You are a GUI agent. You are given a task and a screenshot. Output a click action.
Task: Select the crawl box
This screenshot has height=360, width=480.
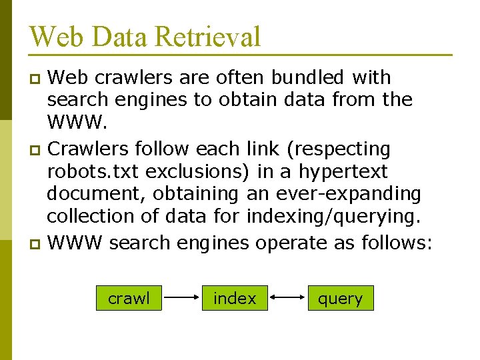[129, 299]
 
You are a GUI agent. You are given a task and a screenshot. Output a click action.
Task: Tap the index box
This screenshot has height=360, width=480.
[235, 299]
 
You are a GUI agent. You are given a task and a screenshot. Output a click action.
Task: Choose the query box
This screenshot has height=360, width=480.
[340, 299]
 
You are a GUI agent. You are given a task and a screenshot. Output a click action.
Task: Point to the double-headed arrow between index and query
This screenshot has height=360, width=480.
[287, 299]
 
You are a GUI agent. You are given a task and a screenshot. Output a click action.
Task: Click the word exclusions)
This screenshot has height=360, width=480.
[197, 171]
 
